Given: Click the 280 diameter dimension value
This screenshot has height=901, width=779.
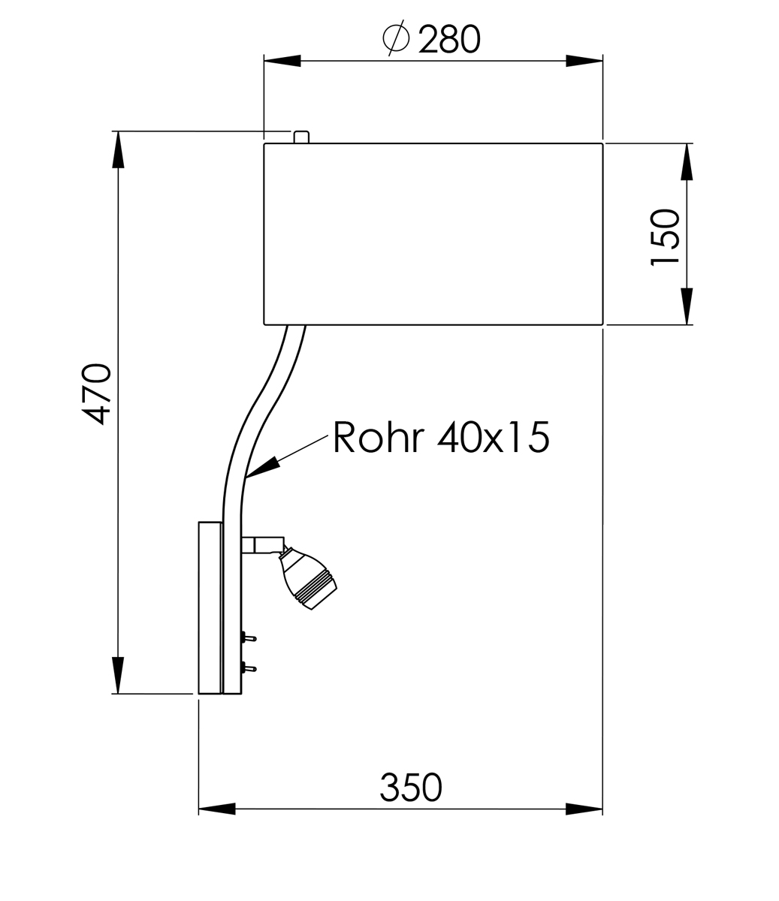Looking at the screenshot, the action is tap(449, 39).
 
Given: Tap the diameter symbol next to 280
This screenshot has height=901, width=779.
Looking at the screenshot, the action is tap(396, 38).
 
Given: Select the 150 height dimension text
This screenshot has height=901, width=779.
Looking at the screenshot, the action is tap(665, 237).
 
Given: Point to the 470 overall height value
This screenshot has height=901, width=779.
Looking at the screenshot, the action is tap(96, 394).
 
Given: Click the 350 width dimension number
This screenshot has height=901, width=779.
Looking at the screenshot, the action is tap(411, 787).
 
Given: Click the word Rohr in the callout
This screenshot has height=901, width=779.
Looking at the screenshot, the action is tap(378, 437).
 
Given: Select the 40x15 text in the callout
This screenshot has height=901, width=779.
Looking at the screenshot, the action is tap(494, 437).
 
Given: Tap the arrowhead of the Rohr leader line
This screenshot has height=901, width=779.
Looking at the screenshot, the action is tap(262, 467).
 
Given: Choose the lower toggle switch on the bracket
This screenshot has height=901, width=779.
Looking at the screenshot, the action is tap(249, 667).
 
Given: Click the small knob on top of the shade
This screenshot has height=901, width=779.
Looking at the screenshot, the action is tap(301, 137).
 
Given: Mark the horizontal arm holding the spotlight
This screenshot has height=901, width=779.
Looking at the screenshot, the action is tap(263, 545).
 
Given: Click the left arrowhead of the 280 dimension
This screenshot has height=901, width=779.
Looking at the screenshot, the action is tap(282, 61).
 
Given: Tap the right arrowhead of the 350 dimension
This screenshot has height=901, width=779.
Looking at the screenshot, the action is tap(584, 809).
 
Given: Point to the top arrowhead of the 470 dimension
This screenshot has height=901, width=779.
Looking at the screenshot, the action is tap(118, 149).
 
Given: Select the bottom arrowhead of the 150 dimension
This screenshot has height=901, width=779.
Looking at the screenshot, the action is tap(687, 306).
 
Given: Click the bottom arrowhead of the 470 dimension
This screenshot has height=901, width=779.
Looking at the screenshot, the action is tap(118, 675).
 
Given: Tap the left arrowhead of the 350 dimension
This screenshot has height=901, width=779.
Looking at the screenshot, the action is tap(217, 809).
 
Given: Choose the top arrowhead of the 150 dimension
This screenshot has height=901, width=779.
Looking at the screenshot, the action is tap(687, 161).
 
